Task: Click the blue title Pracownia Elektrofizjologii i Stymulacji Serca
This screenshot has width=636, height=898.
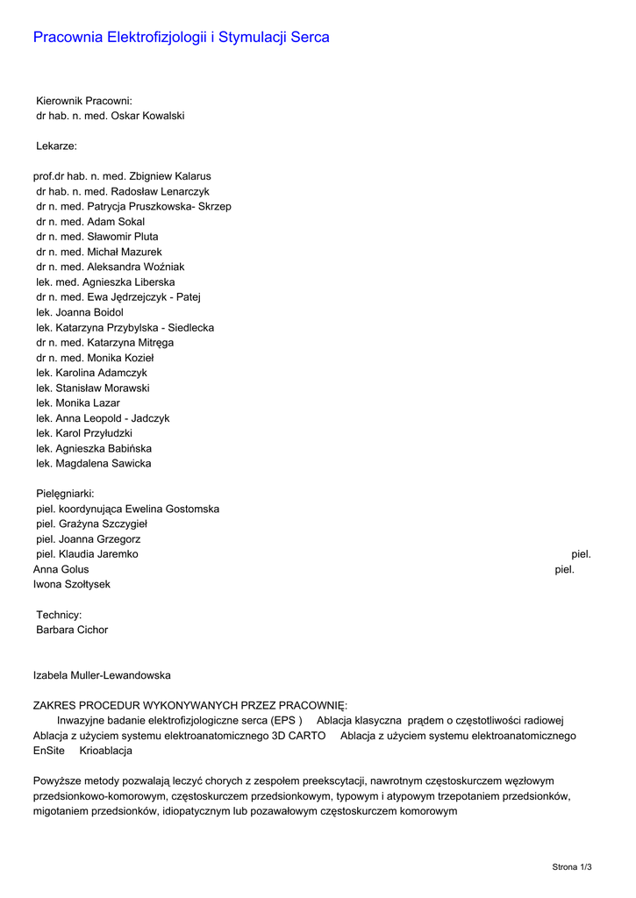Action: tap(181, 37)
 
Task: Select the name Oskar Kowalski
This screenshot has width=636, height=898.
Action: tap(152, 116)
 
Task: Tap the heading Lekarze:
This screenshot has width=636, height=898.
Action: tap(56, 146)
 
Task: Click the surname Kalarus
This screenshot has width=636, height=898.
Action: tap(192, 176)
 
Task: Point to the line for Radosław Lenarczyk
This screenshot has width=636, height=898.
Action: tap(122, 191)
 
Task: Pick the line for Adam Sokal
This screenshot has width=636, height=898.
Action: tap(90, 222)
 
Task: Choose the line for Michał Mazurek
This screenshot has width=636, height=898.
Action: tap(99, 252)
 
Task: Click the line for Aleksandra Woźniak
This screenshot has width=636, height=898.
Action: tap(110, 267)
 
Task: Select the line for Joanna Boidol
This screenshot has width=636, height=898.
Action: tap(80, 312)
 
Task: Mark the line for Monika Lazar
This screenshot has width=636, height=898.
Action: tap(78, 403)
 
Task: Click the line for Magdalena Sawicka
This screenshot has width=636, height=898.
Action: tap(93, 463)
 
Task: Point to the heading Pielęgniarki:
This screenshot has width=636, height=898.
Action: tap(65, 494)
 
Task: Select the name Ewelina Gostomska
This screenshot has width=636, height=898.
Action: tap(172, 509)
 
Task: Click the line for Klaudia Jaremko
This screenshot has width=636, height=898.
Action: tap(87, 554)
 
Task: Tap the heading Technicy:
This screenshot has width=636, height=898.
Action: tap(59, 615)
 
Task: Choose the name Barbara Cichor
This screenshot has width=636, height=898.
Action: tap(72, 630)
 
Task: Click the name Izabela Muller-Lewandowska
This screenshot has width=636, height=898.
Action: tap(102, 675)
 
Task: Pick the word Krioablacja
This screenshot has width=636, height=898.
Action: tap(105, 751)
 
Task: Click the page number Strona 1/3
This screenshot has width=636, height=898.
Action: tap(572, 866)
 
